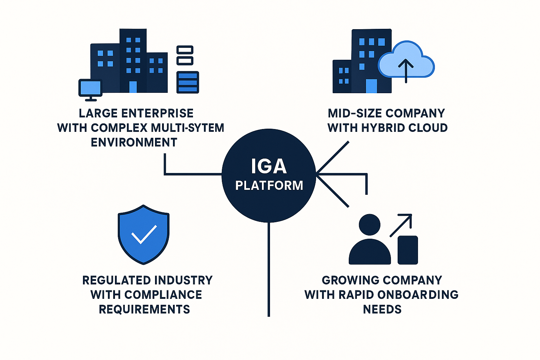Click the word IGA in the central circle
click(269, 166)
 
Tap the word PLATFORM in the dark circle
click(269, 185)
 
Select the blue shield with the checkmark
click(143, 234)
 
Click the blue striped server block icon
click(187, 82)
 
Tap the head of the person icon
click(369, 225)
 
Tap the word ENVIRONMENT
click(134, 142)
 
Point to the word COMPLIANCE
click(163, 295)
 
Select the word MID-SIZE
click(355, 113)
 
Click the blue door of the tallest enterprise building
click(133, 87)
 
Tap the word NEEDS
click(382, 309)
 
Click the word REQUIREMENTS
click(144, 309)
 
